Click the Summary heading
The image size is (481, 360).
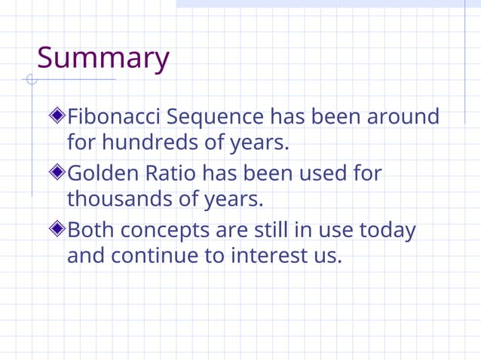103,58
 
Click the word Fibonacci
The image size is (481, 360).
114,117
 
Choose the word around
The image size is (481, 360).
403,117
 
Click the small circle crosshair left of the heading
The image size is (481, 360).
31,79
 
